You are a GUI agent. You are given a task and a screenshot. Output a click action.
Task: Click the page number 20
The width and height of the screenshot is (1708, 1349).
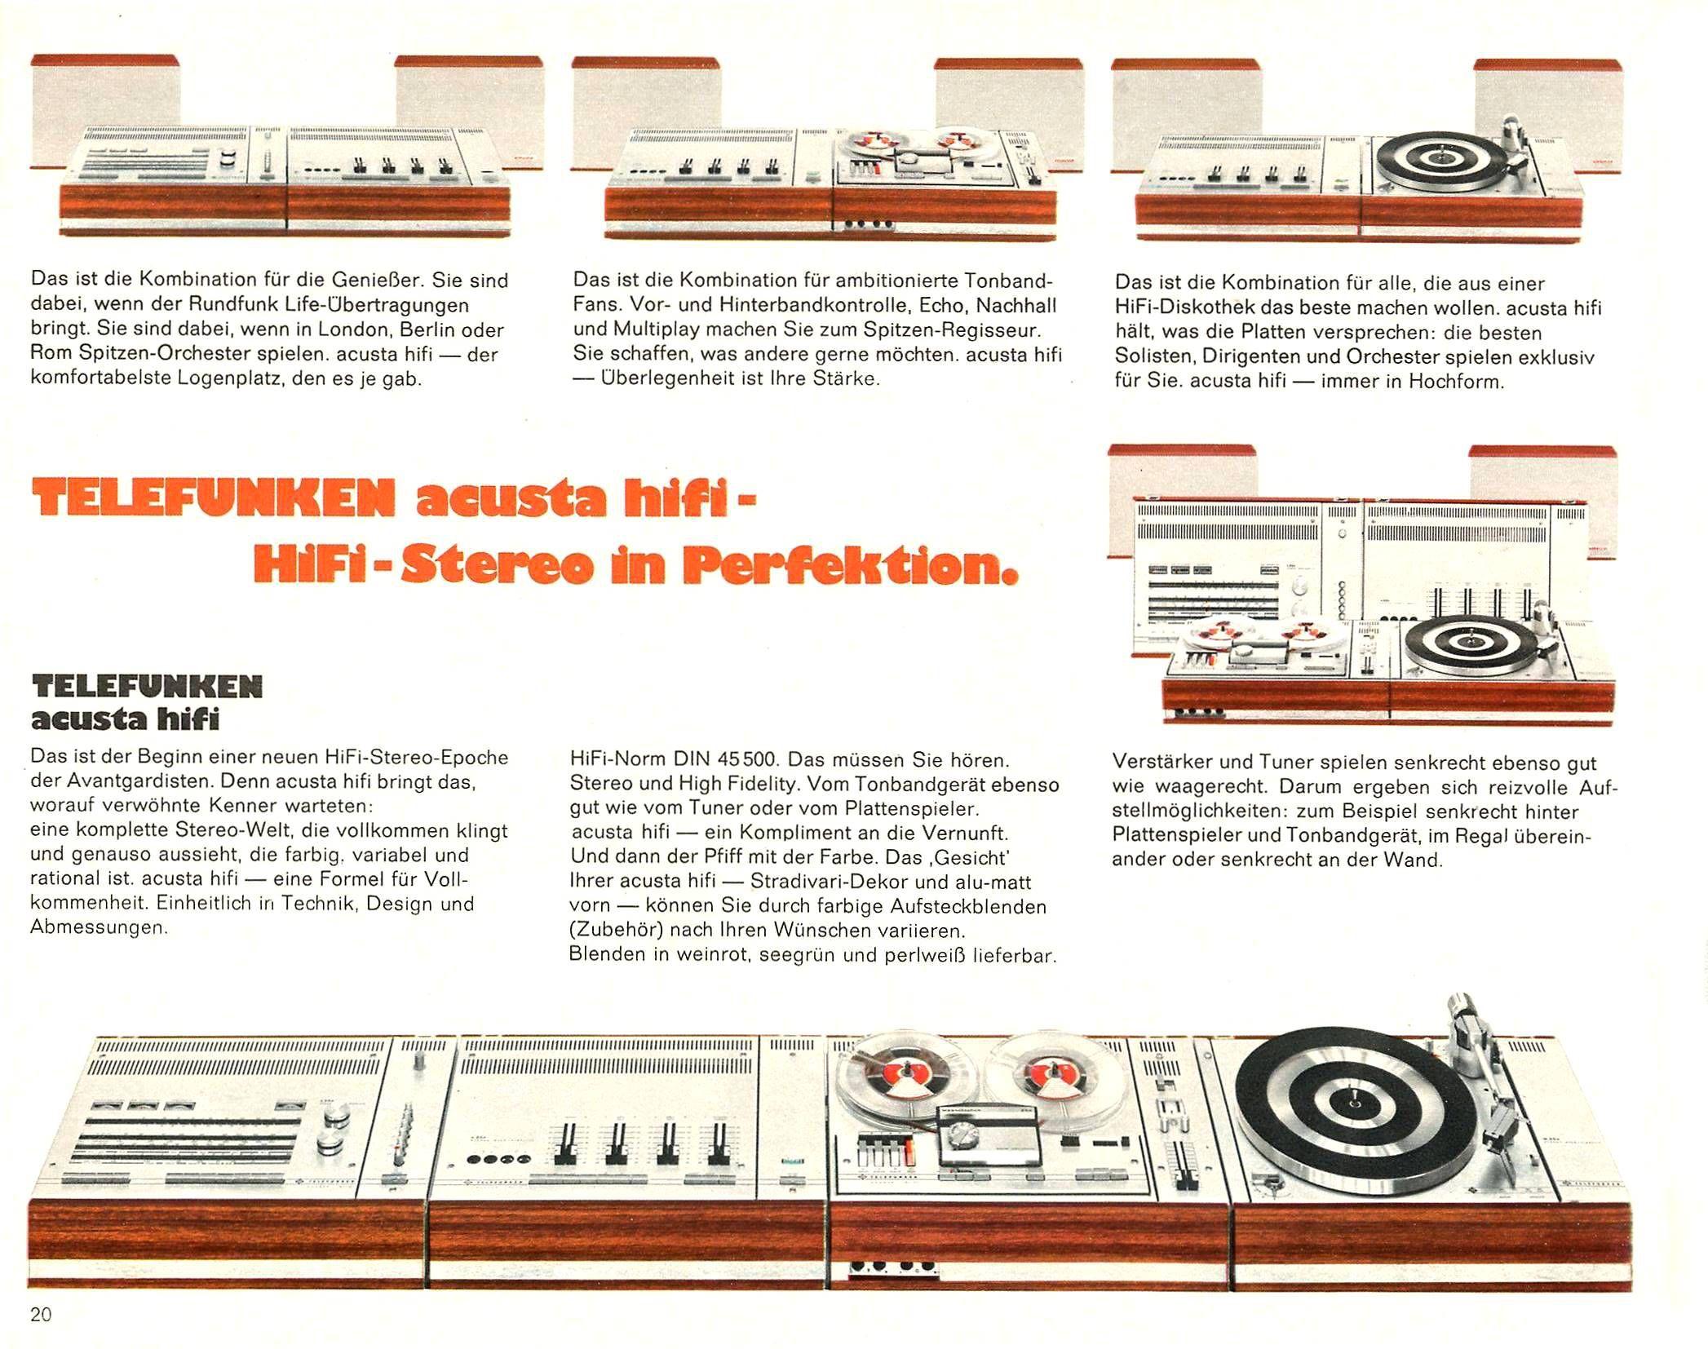pyautogui.click(x=41, y=1314)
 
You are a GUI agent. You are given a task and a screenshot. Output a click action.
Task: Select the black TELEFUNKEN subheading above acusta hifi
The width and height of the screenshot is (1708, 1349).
pyautogui.click(x=147, y=687)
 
